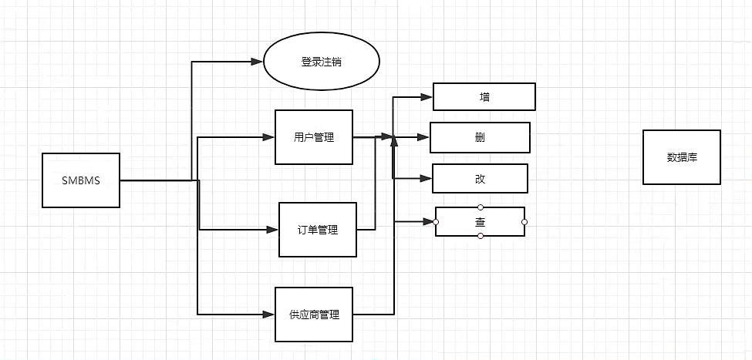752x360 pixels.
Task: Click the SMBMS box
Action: click(x=81, y=181)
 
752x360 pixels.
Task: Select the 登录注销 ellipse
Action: click(x=322, y=62)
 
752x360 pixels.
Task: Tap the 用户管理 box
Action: click(x=314, y=137)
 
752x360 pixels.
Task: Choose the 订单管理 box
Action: click(x=318, y=230)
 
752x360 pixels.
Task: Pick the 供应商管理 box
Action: click(x=314, y=315)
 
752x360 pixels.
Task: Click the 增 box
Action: click(x=484, y=97)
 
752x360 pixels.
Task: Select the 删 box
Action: click(x=480, y=138)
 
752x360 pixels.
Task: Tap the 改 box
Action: click(x=480, y=178)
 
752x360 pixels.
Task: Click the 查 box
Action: click(x=480, y=222)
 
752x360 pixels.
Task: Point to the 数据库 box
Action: click(x=682, y=157)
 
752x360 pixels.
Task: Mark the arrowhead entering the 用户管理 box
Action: click(x=269, y=137)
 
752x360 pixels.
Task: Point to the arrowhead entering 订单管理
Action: click(x=272, y=230)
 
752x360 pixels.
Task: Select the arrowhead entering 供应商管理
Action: click(x=269, y=315)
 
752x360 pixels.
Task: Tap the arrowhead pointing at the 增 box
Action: click(x=427, y=97)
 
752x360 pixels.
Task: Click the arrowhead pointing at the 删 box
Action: click(x=423, y=138)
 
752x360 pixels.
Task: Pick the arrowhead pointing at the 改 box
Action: click(x=425, y=178)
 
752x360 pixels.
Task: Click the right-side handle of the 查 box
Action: click(x=524, y=222)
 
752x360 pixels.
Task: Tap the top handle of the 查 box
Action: click(x=481, y=207)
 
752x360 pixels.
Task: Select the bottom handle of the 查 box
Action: click(x=481, y=236)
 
